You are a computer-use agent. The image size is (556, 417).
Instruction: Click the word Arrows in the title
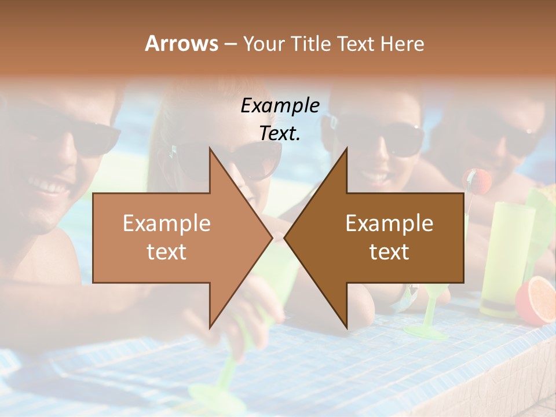coord(181,43)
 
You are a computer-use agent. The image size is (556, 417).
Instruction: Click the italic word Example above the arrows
coord(280,105)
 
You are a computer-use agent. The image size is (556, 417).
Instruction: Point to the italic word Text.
coord(280,133)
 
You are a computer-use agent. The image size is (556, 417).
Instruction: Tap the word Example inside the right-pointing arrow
coord(167,223)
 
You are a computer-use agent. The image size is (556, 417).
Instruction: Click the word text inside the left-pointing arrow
coord(389,251)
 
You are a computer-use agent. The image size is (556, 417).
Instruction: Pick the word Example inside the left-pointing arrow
coord(389,223)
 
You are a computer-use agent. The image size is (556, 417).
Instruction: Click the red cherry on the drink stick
coord(480,181)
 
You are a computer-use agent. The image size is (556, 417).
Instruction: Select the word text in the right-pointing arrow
coord(167,251)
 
